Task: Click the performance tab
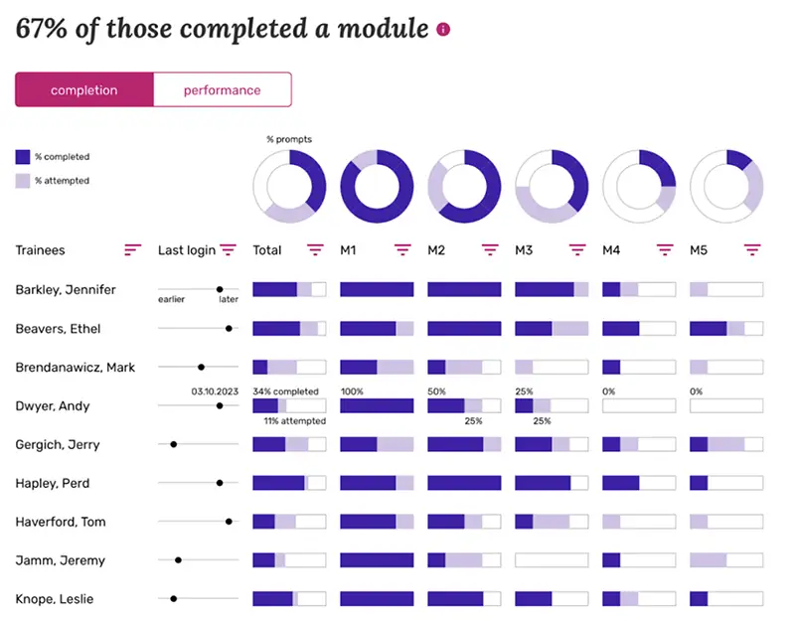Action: point(222,90)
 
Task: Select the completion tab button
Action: point(84,90)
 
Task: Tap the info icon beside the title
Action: point(443,29)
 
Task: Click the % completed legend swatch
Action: point(23,157)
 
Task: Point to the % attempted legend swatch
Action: point(23,181)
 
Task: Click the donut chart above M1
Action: point(377,187)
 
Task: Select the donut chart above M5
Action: point(726,187)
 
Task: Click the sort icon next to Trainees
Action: point(132,250)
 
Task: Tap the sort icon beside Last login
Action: point(228,250)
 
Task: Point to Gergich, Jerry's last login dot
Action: point(174,444)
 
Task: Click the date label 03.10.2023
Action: point(215,391)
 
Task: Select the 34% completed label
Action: point(285,391)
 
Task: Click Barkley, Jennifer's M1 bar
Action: point(377,289)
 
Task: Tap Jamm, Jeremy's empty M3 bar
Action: point(552,560)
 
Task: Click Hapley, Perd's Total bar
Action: point(289,483)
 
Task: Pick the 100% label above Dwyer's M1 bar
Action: point(352,391)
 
